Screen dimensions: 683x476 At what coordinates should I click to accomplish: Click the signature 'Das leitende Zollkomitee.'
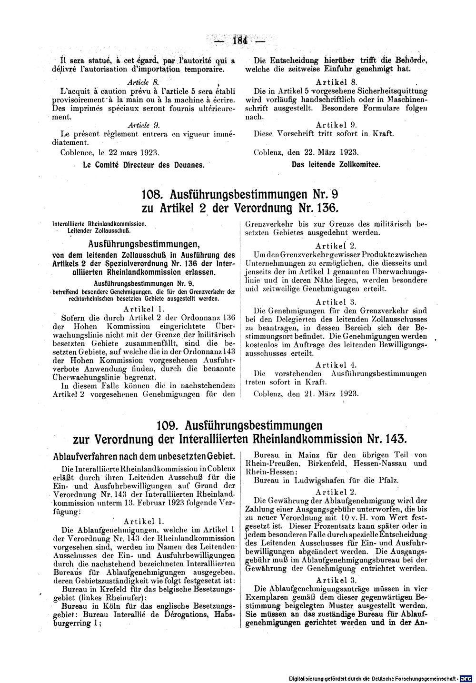coord(336,165)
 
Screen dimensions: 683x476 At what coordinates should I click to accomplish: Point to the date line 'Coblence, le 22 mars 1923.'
coord(109,153)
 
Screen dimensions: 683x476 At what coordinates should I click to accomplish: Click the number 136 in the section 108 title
coord(325,208)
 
